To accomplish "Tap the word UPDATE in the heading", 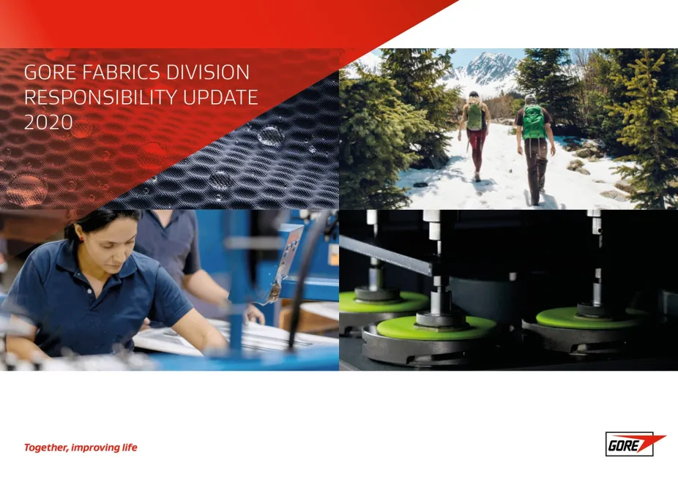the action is (x=220, y=97).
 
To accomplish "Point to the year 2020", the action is (x=48, y=122).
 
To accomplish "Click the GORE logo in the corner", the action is (x=635, y=444).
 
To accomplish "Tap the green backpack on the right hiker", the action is (x=534, y=122).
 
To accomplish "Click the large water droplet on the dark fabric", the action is (x=271, y=135).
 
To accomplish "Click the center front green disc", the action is (x=436, y=328).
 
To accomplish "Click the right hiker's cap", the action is (x=531, y=97).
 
